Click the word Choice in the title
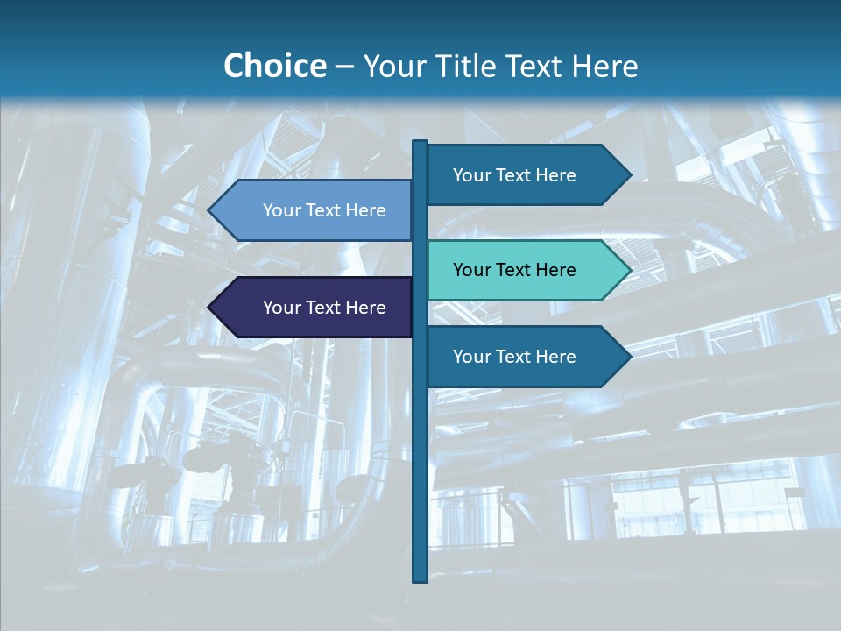click(274, 66)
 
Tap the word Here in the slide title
click(604, 66)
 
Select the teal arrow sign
click(526, 270)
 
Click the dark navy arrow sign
click(315, 308)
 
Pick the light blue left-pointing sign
click(315, 210)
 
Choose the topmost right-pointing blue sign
click(526, 175)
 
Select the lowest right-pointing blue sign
click(526, 357)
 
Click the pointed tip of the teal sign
click(628, 270)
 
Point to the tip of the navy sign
click(210, 308)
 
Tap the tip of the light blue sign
click(210, 210)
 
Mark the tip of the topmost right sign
click(629, 175)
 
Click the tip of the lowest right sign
click(629, 357)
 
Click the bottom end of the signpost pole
click(420, 579)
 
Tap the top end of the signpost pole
click(420, 143)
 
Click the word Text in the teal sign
click(515, 270)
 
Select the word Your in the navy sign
click(281, 308)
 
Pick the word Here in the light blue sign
click(365, 210)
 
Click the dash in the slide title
click(344, 67)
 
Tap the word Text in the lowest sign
click(515, 357)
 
